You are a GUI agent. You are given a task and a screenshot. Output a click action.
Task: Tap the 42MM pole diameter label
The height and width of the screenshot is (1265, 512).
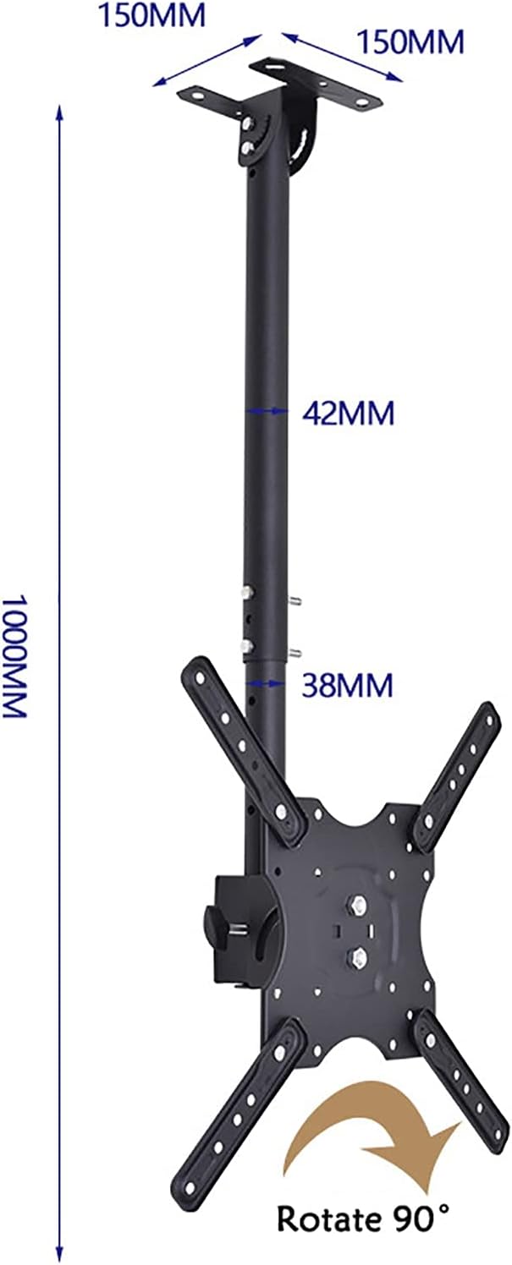point(348,413)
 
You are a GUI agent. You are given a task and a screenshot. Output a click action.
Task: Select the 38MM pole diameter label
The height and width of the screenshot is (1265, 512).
point(348,685)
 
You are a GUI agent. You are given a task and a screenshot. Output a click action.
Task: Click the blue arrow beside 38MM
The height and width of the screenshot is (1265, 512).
point(267,682)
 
